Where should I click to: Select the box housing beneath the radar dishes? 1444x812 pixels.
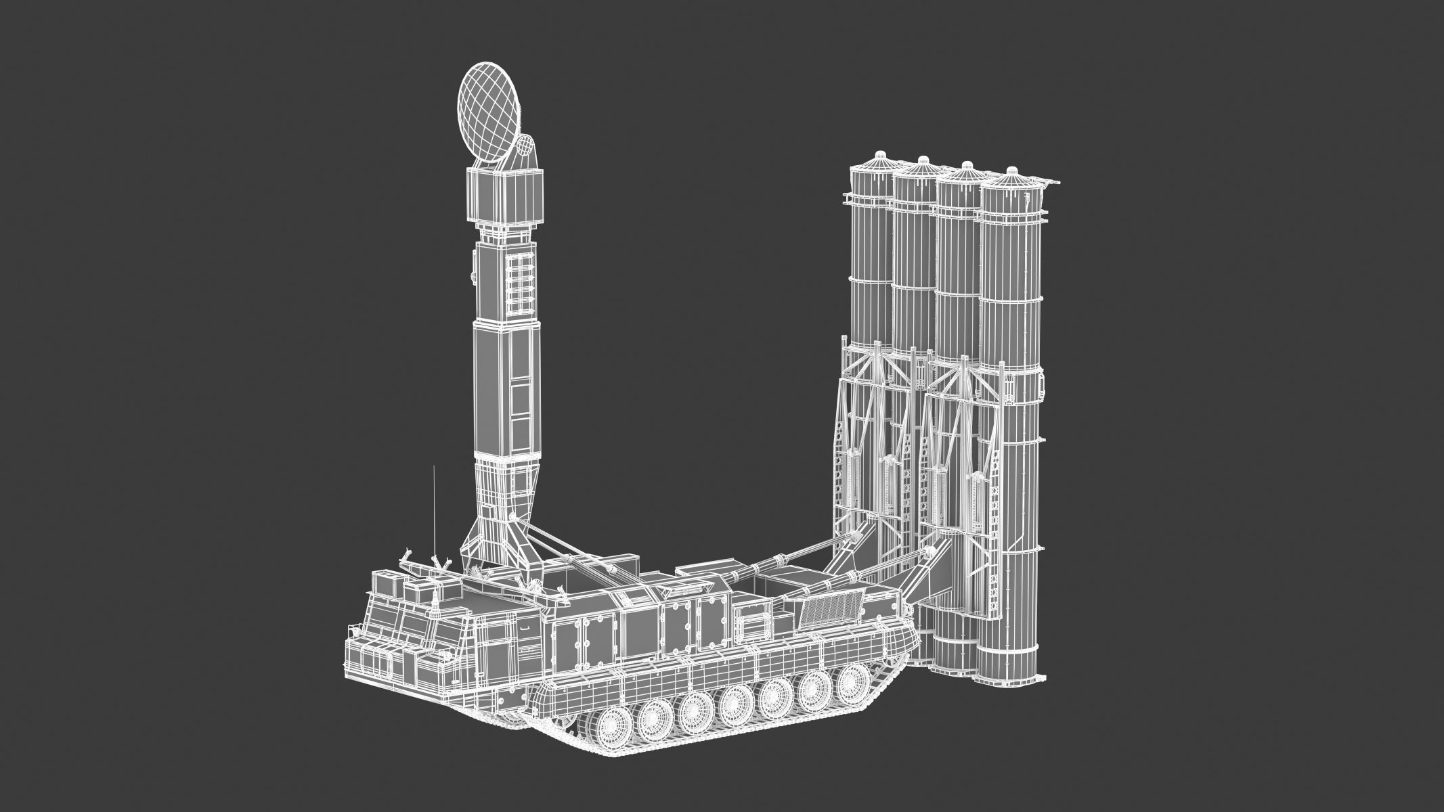pyautogui.click(x=506, y=195)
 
